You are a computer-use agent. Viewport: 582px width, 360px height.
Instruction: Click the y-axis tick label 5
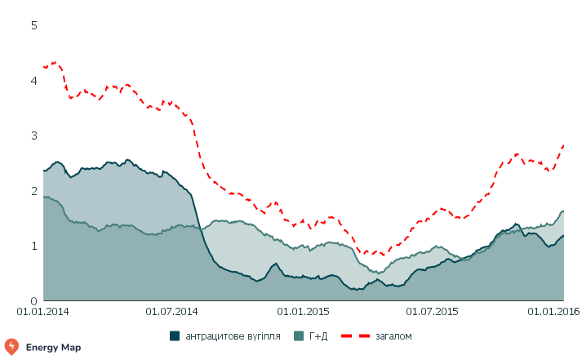click(34, 25)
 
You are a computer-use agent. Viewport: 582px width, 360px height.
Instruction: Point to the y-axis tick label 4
click(34, 81)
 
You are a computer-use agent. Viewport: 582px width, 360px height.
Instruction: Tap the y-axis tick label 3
click(34, 136)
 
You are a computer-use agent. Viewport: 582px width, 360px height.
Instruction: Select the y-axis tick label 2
click(34, 191)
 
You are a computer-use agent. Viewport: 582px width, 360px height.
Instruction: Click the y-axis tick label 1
click(34, 246)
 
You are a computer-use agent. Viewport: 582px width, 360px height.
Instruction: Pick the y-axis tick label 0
click(34, 300)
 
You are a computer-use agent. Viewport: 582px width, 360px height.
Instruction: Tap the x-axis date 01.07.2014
click(172, 312)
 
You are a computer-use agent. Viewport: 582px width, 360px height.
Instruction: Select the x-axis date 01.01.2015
click(303, 312)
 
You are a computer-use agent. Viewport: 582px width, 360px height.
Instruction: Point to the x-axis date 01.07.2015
click(432, 312)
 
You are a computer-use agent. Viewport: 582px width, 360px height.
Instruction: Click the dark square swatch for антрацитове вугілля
click(175, 336)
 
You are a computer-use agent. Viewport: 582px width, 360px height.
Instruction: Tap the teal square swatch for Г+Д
click(299, 336)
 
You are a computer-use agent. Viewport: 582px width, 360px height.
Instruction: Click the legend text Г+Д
click(318, 336)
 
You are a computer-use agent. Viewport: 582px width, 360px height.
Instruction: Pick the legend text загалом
click(393, 336)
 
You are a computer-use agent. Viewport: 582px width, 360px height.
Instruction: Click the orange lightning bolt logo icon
click(12, 346)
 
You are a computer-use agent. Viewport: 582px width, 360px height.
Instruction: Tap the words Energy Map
click(52, 346)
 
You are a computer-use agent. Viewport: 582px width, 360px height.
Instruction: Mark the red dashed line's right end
click(563, 145)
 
